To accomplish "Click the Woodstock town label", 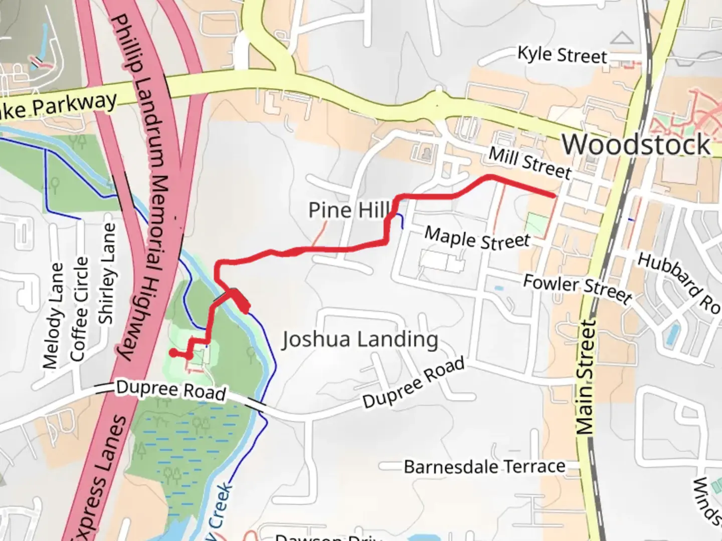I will pos(636,144).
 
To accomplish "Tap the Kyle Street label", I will pos(562,55).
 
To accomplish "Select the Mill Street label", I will pos(529,163).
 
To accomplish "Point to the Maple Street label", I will pos(477,238).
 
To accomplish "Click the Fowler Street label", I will pos(577,289).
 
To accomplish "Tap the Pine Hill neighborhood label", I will pos(349,210).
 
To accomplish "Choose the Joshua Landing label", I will pos(359,340).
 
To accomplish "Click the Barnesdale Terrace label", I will pos(484,467).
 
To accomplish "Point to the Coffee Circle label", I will pos(79,309).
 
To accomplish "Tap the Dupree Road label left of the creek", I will pos(170,390).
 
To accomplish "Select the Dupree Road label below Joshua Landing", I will pos(413,383).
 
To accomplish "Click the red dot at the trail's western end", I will pos(173,353).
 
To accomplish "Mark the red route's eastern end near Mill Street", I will pos(553,196).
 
